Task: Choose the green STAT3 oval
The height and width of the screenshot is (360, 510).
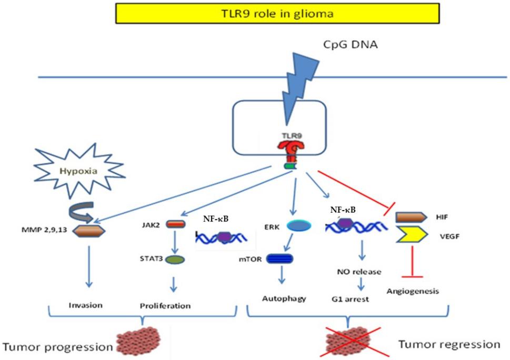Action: click(x=176, y=259)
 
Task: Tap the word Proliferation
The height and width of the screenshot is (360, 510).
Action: click(x=165, y=305)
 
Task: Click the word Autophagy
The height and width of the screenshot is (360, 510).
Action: click(x=284, y=298)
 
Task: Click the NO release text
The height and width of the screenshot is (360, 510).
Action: click(x=359, y=272)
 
